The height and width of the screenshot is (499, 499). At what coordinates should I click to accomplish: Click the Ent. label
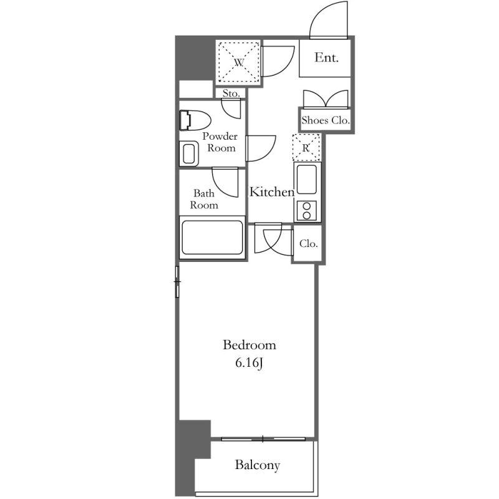coord(326,57)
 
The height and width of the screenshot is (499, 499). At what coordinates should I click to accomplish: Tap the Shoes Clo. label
coord(326,120)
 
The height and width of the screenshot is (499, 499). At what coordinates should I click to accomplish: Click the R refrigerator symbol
coord(306,148)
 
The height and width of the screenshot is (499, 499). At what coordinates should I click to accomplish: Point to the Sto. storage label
coord(231,93)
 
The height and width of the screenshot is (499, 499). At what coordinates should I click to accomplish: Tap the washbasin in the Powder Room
coord(189,154)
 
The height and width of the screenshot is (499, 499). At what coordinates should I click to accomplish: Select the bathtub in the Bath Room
coord(212,238)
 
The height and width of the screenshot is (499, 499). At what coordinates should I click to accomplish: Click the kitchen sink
coord(307,180)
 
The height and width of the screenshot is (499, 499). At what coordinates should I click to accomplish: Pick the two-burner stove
coord(307,211)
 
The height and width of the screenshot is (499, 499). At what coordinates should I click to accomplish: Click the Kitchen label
coord(272,191)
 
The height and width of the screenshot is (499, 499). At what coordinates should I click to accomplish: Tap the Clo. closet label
coord(308,244)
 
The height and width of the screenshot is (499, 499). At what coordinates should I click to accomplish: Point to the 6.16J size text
coord(249,363)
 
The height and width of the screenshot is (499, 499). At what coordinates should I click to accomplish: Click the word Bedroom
coord(249,345)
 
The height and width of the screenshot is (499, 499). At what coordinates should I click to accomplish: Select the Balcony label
coord(258,465)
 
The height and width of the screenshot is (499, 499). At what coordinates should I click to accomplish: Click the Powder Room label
coord(220,142)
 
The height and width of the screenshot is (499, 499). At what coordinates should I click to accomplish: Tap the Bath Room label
coord(204,199)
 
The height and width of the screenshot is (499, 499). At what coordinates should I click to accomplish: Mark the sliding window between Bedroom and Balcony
coord(263,439)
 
